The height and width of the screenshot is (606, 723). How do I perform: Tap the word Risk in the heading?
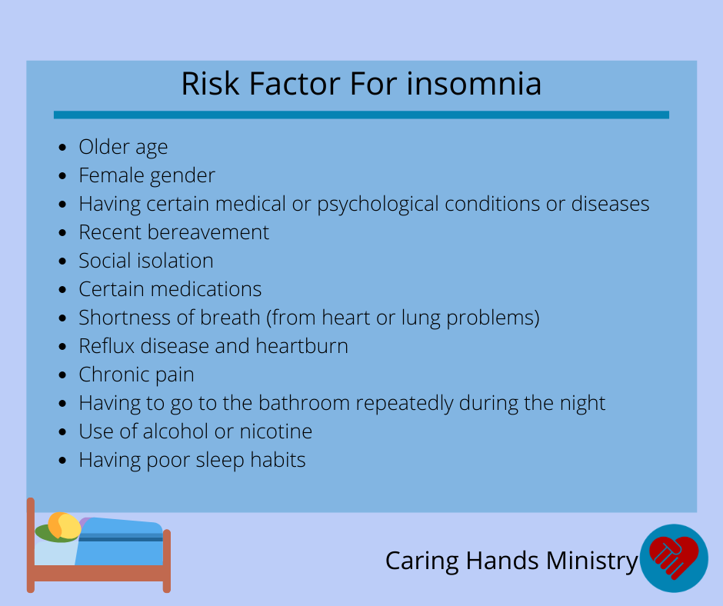coord(210,84)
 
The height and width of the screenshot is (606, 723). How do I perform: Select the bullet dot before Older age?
coord(63,147)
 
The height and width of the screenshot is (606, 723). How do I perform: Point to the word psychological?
coord(378,205)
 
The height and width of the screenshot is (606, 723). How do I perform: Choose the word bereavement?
coord(208,232)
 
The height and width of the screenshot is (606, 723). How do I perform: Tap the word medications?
coord(206,289)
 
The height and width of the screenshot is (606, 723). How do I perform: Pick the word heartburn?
coord(302,346)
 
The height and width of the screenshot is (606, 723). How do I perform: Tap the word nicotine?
coord(275,431)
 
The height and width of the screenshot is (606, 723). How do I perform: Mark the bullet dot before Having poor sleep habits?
coord(63,460)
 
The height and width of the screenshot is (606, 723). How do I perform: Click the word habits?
coord(278,460)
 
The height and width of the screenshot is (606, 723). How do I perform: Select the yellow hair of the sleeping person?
coord(65,526)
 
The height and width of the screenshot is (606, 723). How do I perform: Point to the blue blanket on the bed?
coord(121,542)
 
